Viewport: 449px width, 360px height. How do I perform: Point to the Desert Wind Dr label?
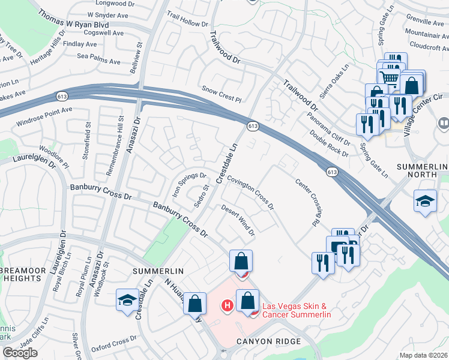(x=238, y=220)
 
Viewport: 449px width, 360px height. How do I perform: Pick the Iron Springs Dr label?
(x=189, y=185)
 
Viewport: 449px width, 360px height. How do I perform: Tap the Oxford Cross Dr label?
(x=119, y=344)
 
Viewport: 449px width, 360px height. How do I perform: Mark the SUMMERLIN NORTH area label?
(x=423, y=171)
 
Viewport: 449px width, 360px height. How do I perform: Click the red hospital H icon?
(x=227, y=306)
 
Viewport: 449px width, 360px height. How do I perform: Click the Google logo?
(x=20, y=353)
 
